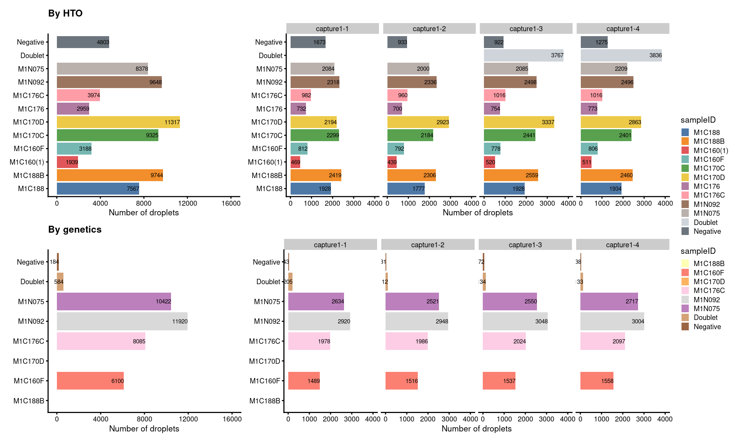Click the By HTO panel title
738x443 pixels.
pos(65,13)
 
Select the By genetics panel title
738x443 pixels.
pos(75,230)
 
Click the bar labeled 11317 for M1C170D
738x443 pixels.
pos(118,122)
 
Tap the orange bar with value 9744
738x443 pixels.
pos(110,175)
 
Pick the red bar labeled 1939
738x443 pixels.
pos(67,162)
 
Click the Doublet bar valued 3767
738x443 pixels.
pos(524,55)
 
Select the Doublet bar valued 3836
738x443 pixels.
pos(621,55)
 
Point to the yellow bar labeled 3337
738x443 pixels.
pos(519,122)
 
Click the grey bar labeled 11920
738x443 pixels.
pos(122,321)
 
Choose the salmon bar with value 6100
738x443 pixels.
pos(90,381)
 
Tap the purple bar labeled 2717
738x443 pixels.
pos(609,301)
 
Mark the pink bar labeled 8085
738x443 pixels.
pos(101,341)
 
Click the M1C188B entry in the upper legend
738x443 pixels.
pos(709,142)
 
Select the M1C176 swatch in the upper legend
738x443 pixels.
pos(685,187)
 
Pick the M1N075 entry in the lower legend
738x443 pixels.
pos(706,308)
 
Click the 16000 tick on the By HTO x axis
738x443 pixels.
pos(231,203)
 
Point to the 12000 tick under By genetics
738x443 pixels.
pos(188,419)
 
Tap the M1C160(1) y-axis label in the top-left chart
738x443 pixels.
pos(27,162)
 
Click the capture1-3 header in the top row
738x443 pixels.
pos(526,29)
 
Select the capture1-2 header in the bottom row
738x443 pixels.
pos(427,245)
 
